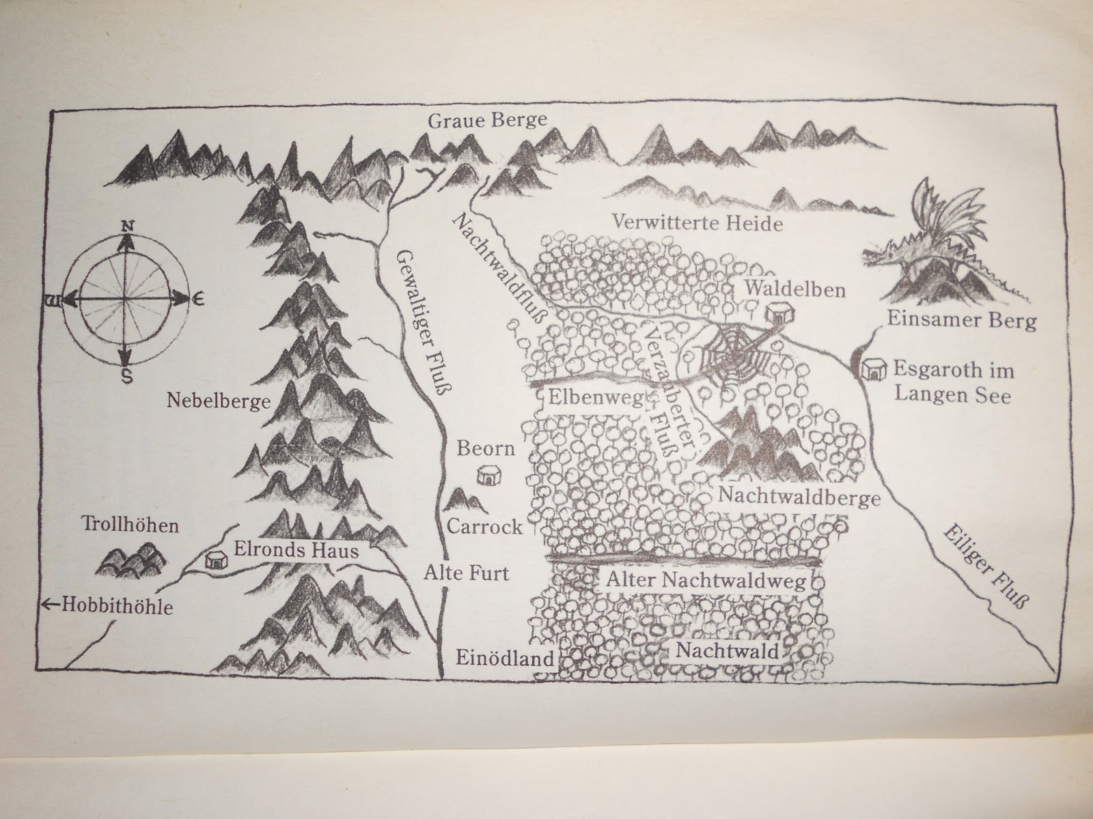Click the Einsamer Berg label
tap(962, 320)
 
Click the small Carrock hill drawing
tap(465, 502)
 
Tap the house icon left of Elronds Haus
tap(215, 560)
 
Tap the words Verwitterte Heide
tap(697, 223)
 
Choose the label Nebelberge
tap(208, 401)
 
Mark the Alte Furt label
tap(465, 573)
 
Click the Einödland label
tap(503, 659)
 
